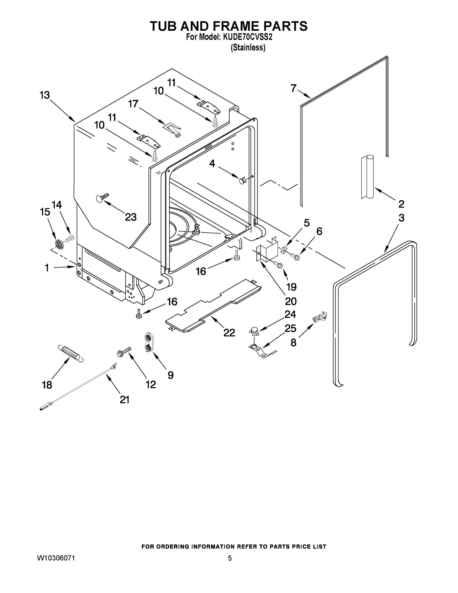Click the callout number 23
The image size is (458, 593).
(131, 217)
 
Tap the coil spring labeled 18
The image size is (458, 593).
(71, 354)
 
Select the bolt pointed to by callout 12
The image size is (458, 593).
(123, 351)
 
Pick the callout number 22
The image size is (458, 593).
(229, 333)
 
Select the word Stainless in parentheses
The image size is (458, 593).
(248, 47)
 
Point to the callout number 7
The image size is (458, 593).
(293, 88)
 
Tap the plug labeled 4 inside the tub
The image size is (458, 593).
(242, 180)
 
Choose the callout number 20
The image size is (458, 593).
(291, 301)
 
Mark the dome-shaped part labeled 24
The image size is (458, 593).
(254, 331)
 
